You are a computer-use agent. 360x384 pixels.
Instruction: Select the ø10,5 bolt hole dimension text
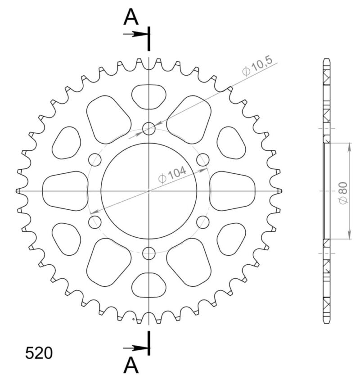click(x=257, y=68)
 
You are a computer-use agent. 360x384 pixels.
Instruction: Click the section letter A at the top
click(x=131, y=18)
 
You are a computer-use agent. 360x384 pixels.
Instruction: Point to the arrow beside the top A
click(x=135, y=34)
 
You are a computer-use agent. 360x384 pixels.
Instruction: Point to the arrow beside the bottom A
click(x=135, y=348)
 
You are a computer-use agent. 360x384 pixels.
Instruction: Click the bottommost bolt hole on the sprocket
click(x=149, y=253)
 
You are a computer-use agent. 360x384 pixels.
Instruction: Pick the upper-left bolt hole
click(x=95, y=159)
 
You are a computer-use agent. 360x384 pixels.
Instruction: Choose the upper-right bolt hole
click(x=203, y=159)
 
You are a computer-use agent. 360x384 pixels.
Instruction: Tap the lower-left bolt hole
click(x=95, y=221)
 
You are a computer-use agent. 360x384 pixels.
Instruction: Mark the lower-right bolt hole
click(x=203, y=221)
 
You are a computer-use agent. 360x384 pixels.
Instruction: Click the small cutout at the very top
click(x=149, y=96)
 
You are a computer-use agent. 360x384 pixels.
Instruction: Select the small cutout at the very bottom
click(x=149, y=285)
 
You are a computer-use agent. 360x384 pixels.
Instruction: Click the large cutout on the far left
click(x=65, y=191)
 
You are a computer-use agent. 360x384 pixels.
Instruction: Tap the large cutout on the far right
click(x=233, y=191)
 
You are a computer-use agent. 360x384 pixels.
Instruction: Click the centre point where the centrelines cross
click(x=149, y=191)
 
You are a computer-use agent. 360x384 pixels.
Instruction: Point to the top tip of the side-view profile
click(x=327, y=59)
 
